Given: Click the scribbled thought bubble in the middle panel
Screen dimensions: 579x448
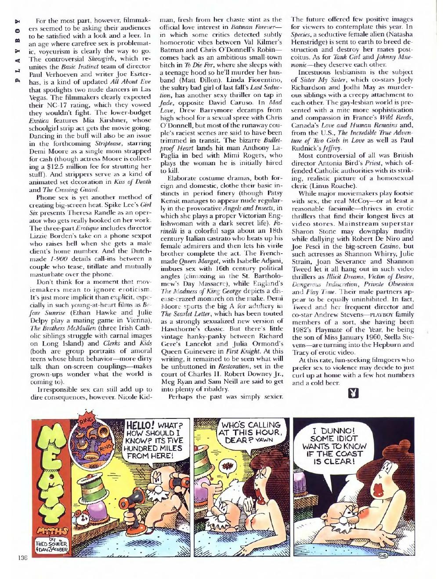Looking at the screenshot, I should (x=226, y=477).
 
